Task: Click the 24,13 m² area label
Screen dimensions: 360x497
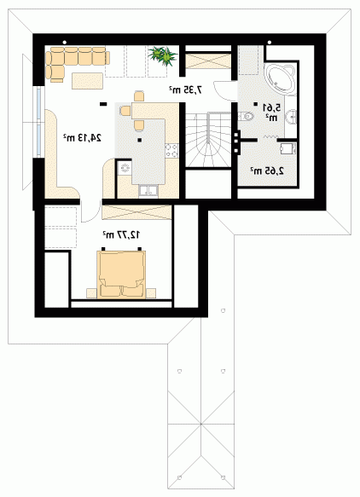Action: [x=82, y=137]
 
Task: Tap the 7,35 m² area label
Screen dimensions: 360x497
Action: [x=185, y=90]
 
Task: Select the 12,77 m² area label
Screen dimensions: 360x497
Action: [x=121, y=235]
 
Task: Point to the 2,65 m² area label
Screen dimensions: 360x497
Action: [x=267, y=170]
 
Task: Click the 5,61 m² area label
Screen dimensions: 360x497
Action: [x=272, y=113]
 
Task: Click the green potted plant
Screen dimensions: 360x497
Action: [x=163, y=55]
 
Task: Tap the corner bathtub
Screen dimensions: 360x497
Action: [x=281, y=79]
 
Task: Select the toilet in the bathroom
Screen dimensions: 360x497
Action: [x=247, y=116]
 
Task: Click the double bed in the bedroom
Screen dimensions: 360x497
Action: [x=121, y=275]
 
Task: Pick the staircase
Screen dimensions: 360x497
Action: [x=208, y=139]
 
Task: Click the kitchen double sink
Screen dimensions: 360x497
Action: [x=148, y=191]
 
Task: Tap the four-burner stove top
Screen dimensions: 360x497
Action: [x=171, y=150]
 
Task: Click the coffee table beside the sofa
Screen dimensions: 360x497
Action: [x=87, y=81]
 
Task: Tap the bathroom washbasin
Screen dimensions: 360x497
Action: [x=291, y=117]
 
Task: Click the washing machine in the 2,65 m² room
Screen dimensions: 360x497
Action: [x=288, y=148]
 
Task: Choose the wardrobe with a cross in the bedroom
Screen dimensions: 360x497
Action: [x=136, y=212]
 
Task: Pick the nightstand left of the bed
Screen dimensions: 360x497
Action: [x=91, y=293]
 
